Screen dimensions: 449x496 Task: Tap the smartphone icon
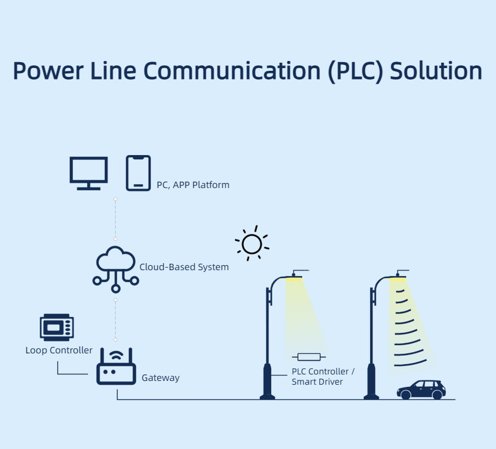pos(138,173)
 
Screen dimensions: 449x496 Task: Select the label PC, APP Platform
pos(193,185)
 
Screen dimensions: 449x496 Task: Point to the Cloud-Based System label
pos(184,267)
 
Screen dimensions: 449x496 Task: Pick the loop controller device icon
pos(57,326)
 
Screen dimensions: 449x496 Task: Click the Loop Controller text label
pos(59,350)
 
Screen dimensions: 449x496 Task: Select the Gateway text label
pos(160,378)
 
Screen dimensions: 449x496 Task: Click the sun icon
pos(252,244)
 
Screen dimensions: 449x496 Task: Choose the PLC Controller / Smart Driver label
pos(323,377)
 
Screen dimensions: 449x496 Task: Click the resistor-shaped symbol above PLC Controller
pos(309,357)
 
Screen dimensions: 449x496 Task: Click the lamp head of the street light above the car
pos(398,278)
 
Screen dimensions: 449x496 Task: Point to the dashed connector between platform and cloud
pos(116,219)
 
